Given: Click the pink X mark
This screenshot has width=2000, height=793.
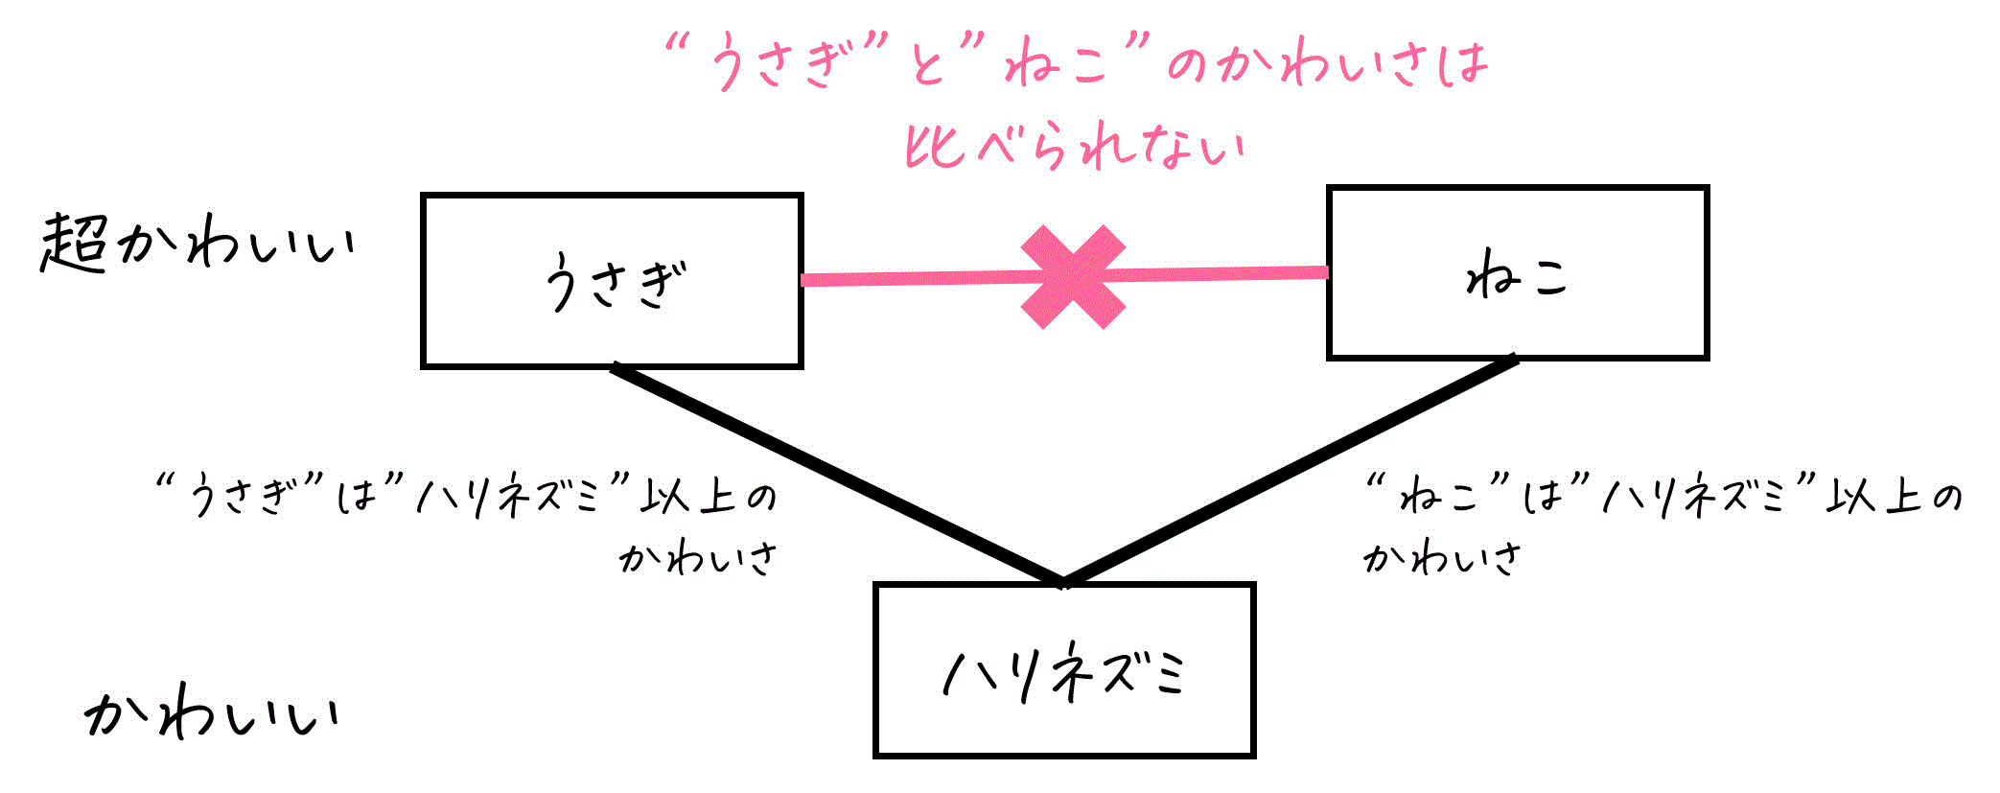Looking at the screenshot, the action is click(1073, 277).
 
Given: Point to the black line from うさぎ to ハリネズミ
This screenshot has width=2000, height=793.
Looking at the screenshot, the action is click(837, 475).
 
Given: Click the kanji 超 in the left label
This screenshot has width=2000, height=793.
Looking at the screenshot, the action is click(73, 244).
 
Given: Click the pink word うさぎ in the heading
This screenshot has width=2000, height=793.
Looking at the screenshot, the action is click(779, 63).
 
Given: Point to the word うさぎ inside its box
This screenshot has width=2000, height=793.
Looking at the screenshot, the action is click(615, 282).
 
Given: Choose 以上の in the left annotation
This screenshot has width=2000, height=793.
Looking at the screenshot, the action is click(709, 497).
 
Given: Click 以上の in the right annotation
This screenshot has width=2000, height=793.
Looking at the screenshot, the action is click(1894, 497).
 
